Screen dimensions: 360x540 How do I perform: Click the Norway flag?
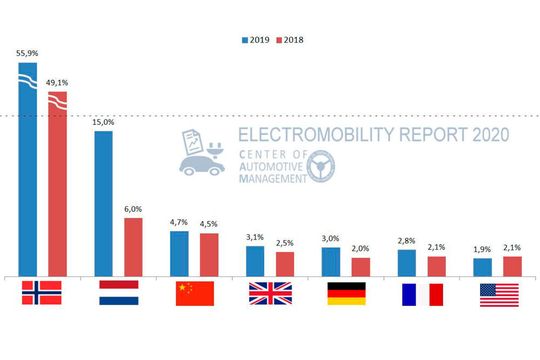42,292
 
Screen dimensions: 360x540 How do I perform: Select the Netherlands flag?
118,292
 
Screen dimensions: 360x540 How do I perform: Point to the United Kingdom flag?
270,292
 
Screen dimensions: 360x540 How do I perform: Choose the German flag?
346,292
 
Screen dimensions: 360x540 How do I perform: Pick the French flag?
422,292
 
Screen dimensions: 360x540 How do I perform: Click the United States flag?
498,292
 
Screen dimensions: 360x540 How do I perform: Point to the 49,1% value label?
57,82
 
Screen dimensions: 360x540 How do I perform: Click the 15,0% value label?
103,121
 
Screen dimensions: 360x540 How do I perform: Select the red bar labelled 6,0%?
133,246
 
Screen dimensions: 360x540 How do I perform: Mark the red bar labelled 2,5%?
285,263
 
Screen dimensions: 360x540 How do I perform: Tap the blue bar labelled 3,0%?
331,261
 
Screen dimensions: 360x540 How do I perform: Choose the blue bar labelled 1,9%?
483,266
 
